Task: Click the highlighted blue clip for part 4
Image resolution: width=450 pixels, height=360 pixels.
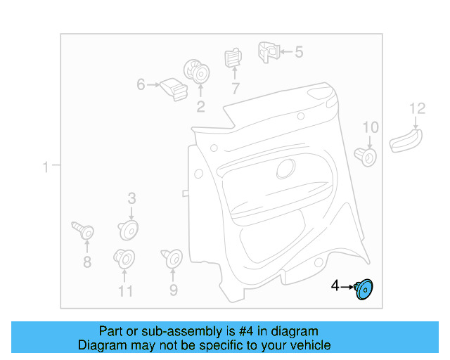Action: [364, 288]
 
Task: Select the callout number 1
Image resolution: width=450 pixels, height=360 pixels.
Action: [45, 167]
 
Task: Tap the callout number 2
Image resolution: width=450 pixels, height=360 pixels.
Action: [200, 106]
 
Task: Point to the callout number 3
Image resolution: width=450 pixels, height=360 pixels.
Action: [131, 199]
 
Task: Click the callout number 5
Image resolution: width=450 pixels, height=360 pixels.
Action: [298, 51]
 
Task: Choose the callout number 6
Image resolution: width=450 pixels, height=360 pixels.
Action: [141, 85]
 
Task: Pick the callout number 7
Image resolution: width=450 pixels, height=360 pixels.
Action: [235, 89]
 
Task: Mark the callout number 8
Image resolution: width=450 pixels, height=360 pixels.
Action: [87, 262]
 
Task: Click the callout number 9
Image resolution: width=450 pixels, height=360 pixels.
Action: [173, 289]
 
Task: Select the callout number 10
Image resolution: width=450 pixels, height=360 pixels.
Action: [370, 127]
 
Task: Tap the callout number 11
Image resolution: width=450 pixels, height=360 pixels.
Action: [125, 290]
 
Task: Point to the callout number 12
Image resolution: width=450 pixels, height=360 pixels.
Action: [418, 108]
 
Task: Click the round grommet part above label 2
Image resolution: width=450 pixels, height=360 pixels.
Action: [197, 72]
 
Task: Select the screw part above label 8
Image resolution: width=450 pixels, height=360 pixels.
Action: [84, 230]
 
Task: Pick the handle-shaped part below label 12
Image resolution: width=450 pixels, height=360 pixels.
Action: [406, 141]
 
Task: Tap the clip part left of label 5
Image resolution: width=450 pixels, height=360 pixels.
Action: [266, 51]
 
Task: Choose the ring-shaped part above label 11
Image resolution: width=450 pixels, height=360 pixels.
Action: [124, 259]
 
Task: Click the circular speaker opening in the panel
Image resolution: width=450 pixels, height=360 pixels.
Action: [286, 168]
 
